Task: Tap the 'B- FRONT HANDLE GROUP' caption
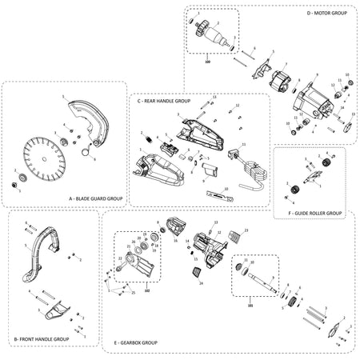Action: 41,339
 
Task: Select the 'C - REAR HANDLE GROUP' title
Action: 164,102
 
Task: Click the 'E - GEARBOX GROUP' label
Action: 135,342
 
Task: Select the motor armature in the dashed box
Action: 214,36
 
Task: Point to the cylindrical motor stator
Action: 282,85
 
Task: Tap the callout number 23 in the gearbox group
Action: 246,230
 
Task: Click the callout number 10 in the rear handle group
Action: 226,189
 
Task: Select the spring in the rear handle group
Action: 147,141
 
